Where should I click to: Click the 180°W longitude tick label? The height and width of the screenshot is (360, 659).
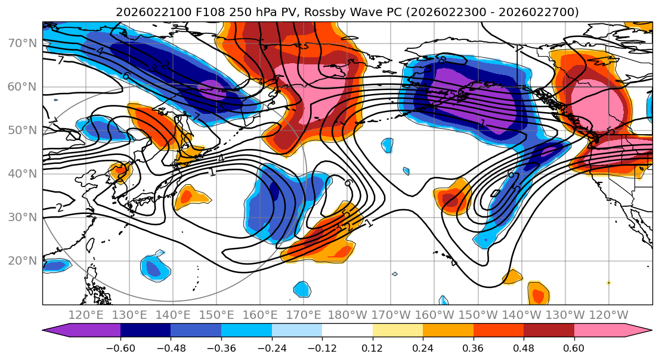[346, 314]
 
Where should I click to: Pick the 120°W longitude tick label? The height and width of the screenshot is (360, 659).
[607, 314]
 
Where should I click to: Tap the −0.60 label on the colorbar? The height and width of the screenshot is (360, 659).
[120, 347]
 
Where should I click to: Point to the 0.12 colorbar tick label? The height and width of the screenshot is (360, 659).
[373, 347]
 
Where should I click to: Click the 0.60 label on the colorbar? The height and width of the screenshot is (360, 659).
[574, 347]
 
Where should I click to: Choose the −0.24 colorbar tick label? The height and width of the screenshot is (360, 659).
[271, 347]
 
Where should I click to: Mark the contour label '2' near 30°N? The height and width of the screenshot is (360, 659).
[59, 208]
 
